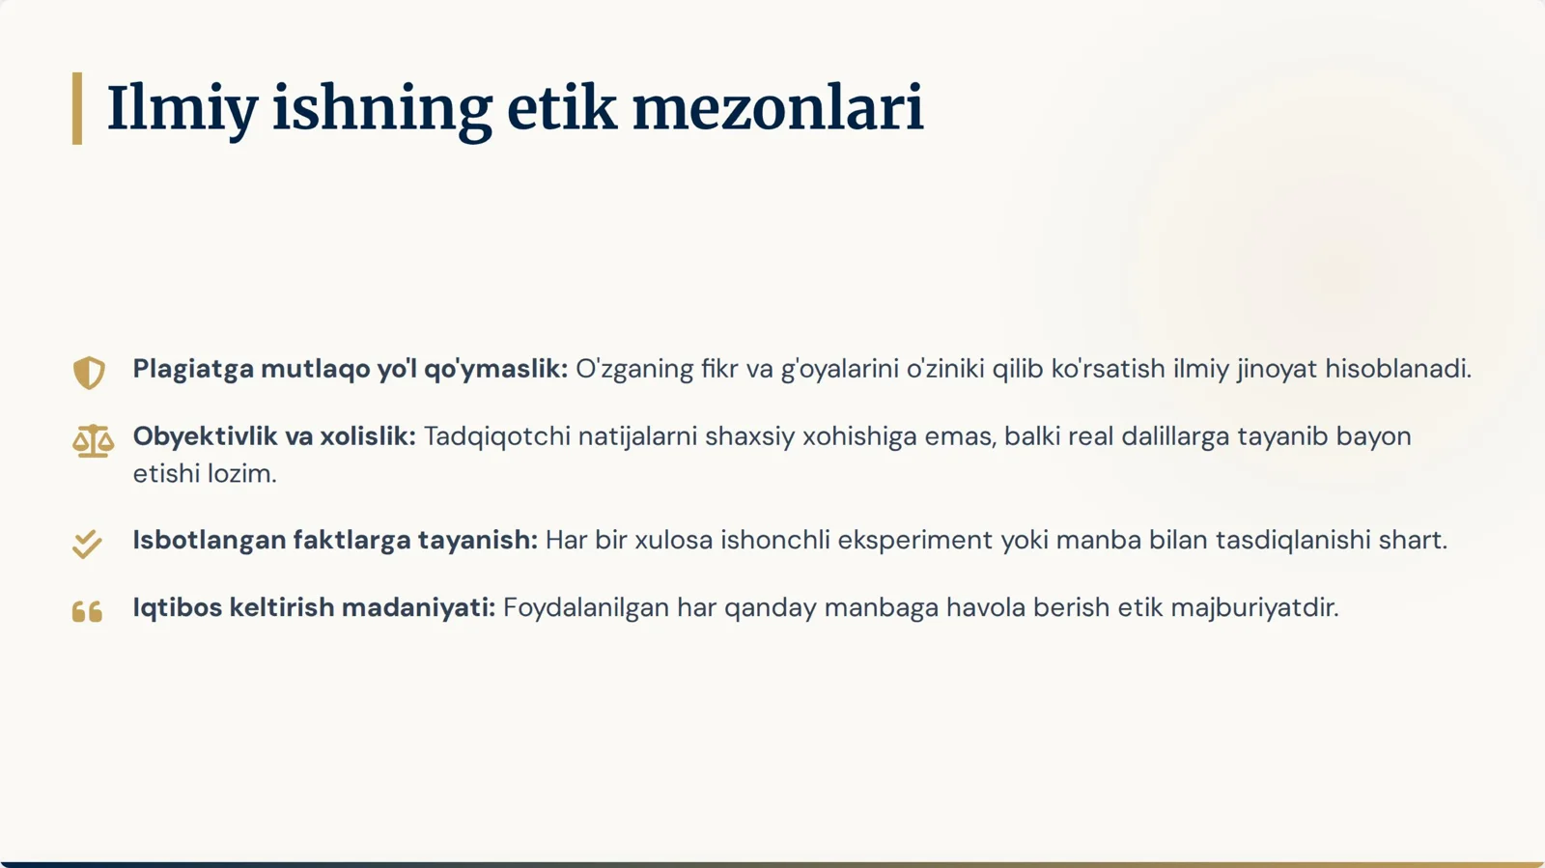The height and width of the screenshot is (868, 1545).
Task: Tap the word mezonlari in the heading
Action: (777, 108)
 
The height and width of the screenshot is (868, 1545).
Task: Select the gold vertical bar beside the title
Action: (77, 108)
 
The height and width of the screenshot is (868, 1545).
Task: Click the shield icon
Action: (89, 372)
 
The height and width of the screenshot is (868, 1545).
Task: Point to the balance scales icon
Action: (93, 441)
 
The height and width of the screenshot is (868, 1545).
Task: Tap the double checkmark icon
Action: (87, 544)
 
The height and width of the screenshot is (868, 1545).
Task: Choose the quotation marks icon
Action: (87, 611)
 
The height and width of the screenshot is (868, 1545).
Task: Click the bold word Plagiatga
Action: (193, 369)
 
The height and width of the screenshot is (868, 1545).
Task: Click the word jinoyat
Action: (1277, 369)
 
